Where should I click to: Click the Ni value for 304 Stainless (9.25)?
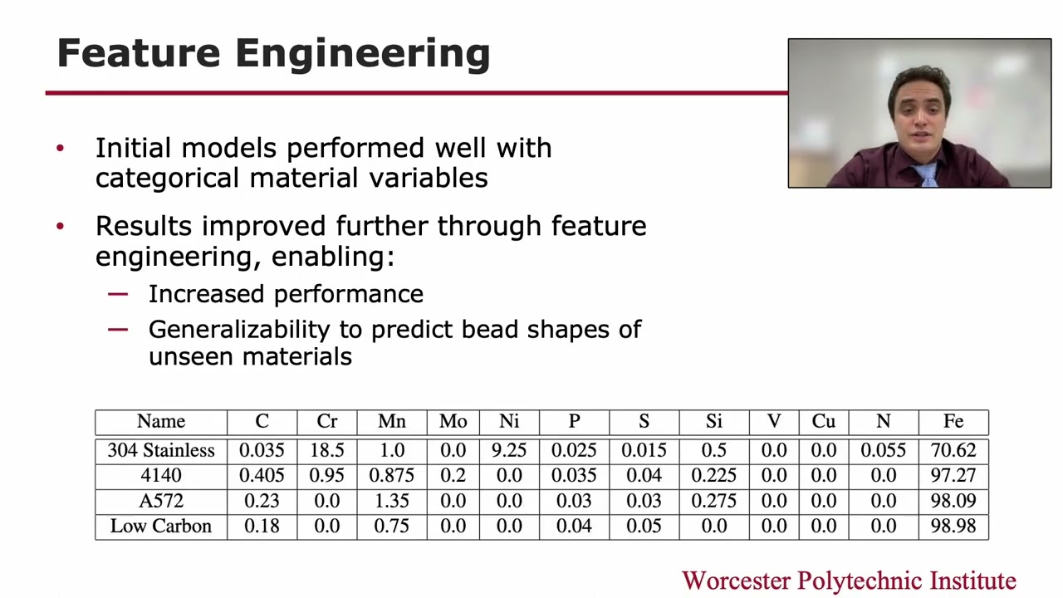[x=509, y=450]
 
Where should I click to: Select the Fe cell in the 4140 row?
[x=953, y=476]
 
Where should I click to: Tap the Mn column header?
[x=391, y=422]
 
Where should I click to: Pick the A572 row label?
[x=160, y=502]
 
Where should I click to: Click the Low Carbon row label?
[x=160, y=527]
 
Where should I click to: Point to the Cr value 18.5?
[x=326, y=450]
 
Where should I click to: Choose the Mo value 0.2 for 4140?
[x=453, y=476]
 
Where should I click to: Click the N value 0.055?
[x=883, y=450]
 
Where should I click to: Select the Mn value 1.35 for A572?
[x=391, y=502]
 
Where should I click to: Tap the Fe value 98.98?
[x=953, y=527]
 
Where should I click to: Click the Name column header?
[x=160, y=422]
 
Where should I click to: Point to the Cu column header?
[x=823, y=422]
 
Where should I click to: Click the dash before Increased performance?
[x=118, y=294]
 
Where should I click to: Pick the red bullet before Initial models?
[x=60, y=149]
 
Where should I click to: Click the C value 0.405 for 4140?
[x=262, y=476]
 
